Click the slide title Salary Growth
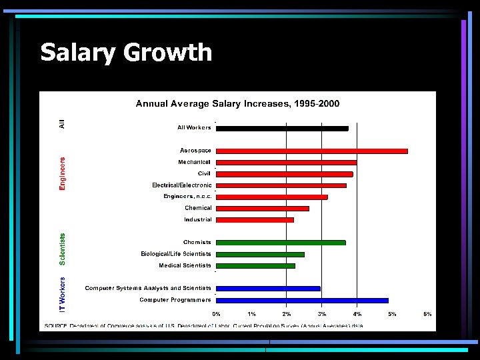pos(126,52)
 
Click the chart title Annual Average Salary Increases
pos(237,103)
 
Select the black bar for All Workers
pos(282,128)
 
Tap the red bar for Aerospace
pos(311,151)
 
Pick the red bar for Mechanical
pos(286,163)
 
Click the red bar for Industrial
pos(255,219)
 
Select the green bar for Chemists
pos(281,243)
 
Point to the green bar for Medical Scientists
pos(255,266)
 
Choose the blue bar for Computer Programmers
pos(302,301)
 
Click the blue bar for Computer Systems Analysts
pos(268,289)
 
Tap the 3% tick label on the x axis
pos(322,313)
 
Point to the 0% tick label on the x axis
pos(217,313)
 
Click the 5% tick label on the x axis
pos(392,313)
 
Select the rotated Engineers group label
pos(63,174)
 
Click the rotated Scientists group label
pos(63,249)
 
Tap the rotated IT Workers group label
pos(63,295)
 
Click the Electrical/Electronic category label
pos(182,185)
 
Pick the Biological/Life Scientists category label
pos(176,254)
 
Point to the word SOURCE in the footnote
pos(56,326)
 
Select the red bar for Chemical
pos(263,208)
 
